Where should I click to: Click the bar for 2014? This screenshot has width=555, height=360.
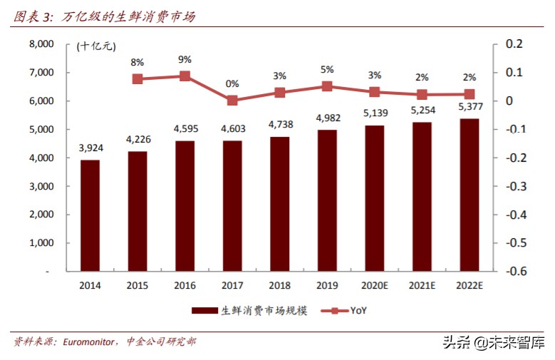[x=90, y=215]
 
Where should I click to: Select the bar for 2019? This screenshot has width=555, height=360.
[x=327, y=200]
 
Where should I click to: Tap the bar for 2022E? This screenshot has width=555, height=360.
[x=469, y=195]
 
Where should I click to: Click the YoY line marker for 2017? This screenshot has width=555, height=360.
[x=232, y=101]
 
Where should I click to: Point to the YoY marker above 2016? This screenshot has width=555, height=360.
[x=185, y=76]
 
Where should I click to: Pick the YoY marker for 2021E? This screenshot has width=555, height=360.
[x=422, y=94]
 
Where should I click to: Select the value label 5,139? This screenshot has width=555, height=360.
[x=375, y=113]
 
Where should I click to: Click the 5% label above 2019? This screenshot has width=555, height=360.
[x=327, y=70]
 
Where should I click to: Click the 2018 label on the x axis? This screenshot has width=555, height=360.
[x=279, y=285]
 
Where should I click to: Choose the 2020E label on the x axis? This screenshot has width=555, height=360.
[x=375, y=285]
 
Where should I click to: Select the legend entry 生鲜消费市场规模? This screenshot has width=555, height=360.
[x=249, y=310]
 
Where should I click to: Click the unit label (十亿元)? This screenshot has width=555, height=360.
[x=95, y=46]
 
